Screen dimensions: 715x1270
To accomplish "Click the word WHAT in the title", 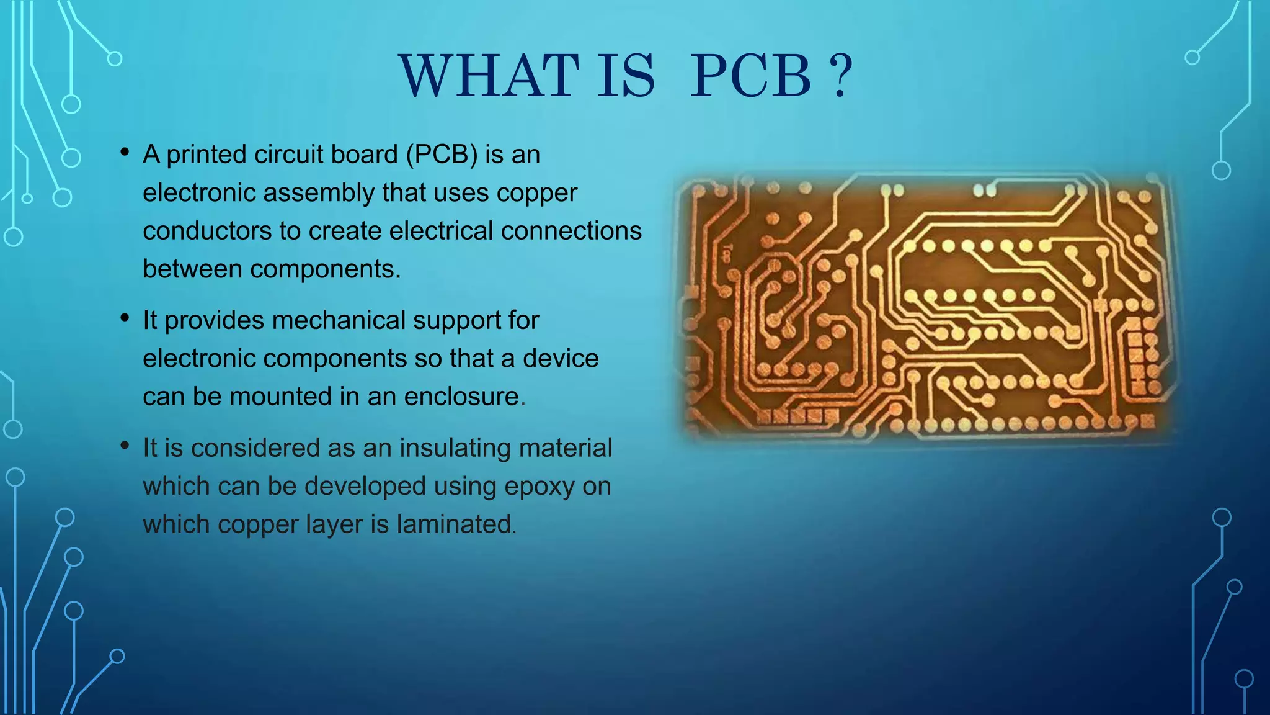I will point(489,76).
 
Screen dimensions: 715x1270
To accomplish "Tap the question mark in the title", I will point(840,76).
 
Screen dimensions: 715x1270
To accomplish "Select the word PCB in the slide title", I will point(750,76).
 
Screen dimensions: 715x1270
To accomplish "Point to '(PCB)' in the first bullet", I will point(442,155).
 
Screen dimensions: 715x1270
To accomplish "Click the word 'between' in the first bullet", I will point(192,269).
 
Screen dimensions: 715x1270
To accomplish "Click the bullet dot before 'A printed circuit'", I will point(125,152).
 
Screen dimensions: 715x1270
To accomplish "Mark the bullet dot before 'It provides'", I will point(125,318).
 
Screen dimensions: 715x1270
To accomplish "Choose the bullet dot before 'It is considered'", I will point(125,446).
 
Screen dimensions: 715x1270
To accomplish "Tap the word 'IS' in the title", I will point(626,76).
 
